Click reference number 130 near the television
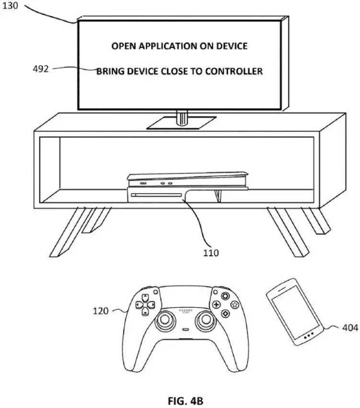11,5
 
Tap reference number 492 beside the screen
41,69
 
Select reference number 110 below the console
211,253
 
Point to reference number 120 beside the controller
101,311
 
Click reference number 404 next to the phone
350,328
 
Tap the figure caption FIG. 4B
186,401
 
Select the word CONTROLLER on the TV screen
234,71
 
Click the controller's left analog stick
164,319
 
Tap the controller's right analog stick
206,319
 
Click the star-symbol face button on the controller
235,305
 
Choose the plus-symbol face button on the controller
216,305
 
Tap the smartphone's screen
295,312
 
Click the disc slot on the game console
156,195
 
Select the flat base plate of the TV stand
181,123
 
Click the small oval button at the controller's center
186,329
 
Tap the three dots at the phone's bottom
309,336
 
